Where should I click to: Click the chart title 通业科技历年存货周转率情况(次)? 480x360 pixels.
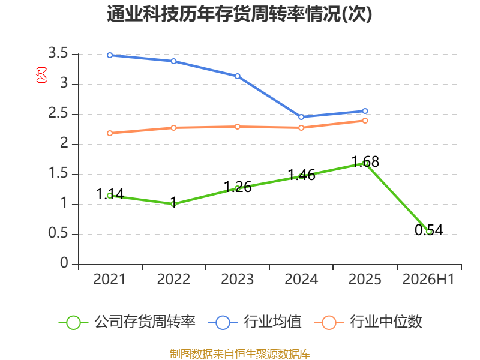point(239,14)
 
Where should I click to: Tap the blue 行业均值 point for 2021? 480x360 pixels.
point(110,55)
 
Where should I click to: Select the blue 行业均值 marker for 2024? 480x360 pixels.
point(301,117)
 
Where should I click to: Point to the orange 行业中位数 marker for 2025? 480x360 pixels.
point(365,121)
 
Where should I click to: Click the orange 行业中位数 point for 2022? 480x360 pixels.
point(173,128)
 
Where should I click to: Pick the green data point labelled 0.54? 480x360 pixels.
point(429,232)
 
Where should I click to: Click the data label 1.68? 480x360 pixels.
point(365,161)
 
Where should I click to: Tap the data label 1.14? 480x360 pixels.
point(110,194)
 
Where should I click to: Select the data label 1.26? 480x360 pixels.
point(238,187)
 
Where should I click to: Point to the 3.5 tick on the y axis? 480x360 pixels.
point(58,53)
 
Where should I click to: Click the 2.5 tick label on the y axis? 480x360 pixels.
point(58,113)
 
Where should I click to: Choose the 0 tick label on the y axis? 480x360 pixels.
point(64,263)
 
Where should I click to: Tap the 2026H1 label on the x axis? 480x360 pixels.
point(428,280)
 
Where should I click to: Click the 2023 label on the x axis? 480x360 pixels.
point(237,280)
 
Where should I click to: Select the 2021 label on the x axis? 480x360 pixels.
point(109,280)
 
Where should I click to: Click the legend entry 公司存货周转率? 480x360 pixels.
point(127,322)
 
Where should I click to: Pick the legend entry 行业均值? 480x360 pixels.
point(254,322)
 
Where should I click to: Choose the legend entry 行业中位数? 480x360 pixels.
point(368,322)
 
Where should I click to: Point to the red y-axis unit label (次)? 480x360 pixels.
point(41,75)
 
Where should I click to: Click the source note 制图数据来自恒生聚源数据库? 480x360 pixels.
point(239,354)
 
